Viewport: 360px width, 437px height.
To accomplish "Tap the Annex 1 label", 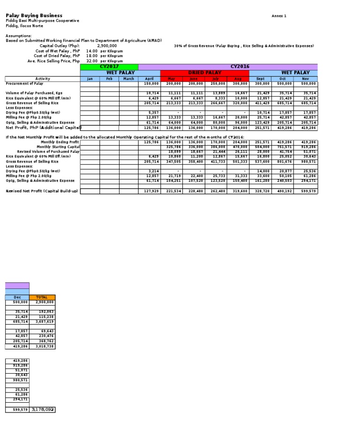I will point(278,16).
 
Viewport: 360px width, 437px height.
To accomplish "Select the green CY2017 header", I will point(109,67).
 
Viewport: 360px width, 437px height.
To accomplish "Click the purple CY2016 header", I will point(239,67).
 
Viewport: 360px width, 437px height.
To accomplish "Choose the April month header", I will point(149,79).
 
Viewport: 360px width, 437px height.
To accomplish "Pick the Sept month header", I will point(261,79).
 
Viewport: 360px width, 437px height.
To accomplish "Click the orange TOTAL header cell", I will point(42,297).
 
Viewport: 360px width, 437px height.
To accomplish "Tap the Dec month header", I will point(17,297).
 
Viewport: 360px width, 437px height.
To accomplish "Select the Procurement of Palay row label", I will point(24,83).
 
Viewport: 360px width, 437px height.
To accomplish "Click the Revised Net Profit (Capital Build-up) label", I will point(41,191).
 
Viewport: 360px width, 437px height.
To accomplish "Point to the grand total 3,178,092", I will point(43,410).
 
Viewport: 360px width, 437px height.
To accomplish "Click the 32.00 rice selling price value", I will point(92,61).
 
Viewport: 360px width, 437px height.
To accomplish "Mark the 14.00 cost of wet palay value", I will point(92,51).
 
